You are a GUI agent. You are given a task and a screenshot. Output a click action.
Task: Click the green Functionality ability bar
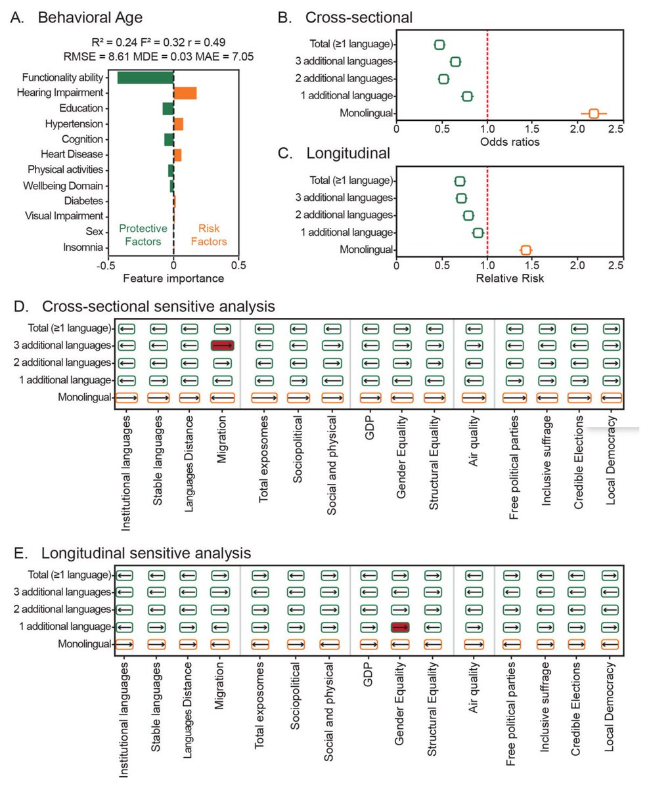(145, 77)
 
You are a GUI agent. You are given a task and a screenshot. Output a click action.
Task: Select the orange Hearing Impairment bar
(185, 93)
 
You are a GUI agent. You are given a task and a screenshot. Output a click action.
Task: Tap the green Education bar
(168, 109)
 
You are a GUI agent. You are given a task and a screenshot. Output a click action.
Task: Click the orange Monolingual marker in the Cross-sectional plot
(594, 113)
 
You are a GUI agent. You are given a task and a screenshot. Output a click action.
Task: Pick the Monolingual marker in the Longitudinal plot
(526, 250)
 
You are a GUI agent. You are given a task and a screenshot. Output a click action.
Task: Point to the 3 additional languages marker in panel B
(455, 62)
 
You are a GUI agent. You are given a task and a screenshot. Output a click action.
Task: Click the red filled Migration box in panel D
(223, 345)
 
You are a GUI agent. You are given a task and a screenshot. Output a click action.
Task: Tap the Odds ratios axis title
(510, 142)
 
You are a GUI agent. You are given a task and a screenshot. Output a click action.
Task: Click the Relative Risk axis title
(510, 278)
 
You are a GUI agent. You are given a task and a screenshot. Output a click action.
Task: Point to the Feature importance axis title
(173, 278)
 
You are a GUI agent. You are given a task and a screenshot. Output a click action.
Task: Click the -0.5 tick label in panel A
(106, 266)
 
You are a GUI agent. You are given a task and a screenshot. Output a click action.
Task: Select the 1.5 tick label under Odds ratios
(531, 129)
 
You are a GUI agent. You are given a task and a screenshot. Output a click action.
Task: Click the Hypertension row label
(74, 124)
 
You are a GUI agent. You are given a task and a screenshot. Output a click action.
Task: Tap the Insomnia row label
(83, 248)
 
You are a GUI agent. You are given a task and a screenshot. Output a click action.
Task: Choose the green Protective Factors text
(143, 235)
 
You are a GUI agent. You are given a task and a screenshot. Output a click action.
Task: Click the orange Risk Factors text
(209, 235)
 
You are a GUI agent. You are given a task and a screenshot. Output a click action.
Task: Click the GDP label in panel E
(368, 674)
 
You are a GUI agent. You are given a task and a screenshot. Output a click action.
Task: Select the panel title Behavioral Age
(90, 18)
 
